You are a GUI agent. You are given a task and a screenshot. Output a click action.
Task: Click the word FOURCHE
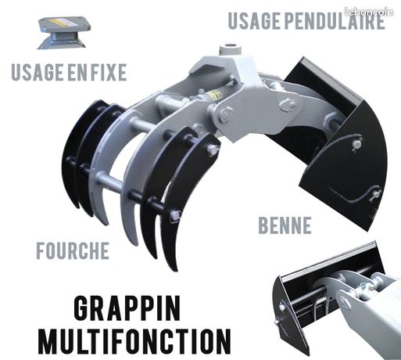73,250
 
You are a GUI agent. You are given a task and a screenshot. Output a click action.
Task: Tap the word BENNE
285,225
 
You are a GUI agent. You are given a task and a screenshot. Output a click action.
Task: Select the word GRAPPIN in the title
127,308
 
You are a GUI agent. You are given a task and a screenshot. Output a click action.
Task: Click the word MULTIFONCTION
134,341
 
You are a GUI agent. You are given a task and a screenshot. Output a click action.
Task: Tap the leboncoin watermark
368,12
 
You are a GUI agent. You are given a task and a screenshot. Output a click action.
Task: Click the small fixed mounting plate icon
64,33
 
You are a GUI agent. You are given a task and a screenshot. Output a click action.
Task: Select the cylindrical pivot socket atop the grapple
231,49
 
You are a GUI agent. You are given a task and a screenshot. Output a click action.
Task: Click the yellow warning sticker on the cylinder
215,95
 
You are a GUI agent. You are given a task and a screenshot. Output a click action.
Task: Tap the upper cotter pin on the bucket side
356,144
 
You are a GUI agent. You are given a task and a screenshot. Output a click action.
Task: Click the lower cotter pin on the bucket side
375,194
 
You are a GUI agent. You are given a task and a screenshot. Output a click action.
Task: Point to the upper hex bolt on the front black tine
212,150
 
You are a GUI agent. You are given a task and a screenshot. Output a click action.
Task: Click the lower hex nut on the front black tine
175,215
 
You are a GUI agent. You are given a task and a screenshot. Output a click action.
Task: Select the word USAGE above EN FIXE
38,72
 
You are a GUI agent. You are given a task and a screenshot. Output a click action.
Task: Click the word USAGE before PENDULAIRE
253,20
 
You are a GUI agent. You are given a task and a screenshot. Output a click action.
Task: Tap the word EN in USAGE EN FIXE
77,72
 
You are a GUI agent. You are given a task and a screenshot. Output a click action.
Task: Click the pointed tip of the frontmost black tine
175,269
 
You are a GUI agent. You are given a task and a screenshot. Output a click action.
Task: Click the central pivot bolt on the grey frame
224,115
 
